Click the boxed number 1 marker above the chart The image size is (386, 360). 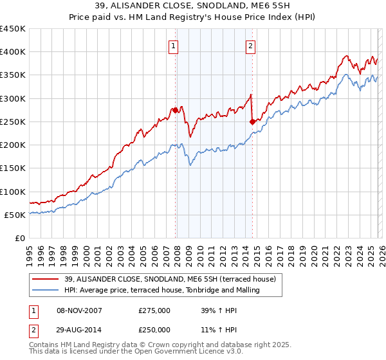click(x=174, y=46)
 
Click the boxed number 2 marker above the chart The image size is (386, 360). click(x=250, y=46)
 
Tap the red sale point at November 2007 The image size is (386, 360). click(x=175, y=110)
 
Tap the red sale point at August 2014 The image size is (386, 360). click(x=252, y=122)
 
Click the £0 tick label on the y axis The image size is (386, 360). click(x=18, y=238)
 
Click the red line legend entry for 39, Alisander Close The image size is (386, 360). click(x=170, y=279)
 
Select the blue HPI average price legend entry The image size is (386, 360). click(x=161, y=291)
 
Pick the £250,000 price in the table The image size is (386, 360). click(x=154, y=329)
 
